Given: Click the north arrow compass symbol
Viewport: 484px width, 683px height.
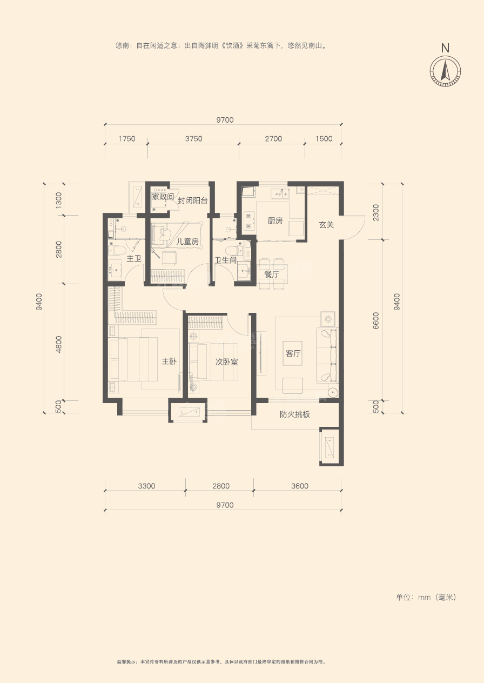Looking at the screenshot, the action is [445, 71].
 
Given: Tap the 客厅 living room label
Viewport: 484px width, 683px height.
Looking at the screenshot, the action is [293, 353].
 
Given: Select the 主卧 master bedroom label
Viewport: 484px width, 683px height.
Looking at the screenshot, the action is [169, 361].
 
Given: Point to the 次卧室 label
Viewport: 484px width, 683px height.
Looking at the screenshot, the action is [226, 362].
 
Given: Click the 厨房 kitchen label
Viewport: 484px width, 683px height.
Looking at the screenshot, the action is [275, 220].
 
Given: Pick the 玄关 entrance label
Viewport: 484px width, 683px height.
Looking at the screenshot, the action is [326, 225].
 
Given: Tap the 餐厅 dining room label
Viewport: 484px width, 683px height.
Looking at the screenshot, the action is [272, 274].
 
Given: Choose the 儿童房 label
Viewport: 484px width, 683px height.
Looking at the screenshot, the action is [188, 242].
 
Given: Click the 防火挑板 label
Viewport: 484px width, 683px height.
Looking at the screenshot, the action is [295, 414].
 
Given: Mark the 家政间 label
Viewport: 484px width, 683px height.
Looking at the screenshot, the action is [163, 197].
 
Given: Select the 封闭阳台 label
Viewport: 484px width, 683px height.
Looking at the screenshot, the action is [193, 200].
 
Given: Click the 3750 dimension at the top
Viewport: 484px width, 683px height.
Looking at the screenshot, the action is [193, 139].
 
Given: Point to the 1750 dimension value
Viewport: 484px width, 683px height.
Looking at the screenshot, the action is [127, 139].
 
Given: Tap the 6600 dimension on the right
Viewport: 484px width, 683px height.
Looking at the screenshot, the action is [376, 320].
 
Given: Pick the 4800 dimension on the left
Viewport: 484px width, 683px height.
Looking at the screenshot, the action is [58, 344].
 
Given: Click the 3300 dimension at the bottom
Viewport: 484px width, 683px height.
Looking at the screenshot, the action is [146, 486].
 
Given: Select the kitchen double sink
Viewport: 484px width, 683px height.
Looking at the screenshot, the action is [280, 194].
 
